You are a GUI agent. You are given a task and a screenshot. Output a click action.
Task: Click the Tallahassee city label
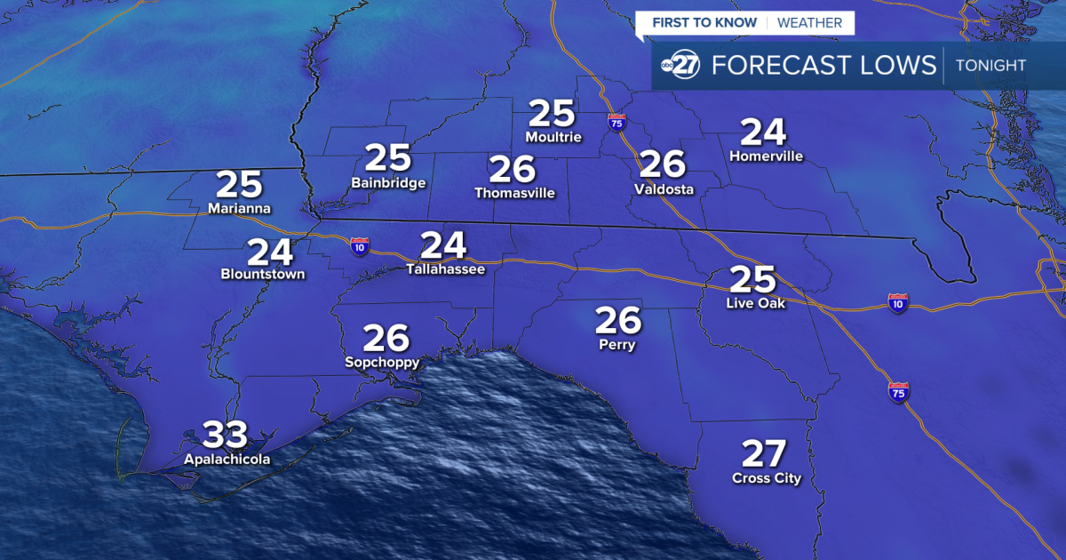[x=445, y=268]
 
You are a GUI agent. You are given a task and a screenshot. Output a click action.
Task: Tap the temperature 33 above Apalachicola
[x=227, y=436]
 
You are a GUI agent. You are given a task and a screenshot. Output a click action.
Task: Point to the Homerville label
[x=766, y=156]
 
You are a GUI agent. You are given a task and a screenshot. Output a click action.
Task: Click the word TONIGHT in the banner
[x=990, y=65]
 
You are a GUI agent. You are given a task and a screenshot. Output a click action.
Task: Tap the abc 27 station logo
[x=680, y=66]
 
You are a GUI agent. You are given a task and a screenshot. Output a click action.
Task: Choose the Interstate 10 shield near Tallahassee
[x=360, y=246]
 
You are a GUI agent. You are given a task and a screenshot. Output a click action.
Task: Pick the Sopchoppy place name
[x=382, y=363]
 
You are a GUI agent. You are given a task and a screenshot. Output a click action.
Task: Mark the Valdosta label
[x=664, y=189]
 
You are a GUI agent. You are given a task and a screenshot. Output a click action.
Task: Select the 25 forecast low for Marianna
[x=240, y=185]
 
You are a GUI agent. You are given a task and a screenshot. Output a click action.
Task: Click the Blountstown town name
[x=263, y=275]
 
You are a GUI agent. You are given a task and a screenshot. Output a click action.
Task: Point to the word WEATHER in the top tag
[x=809, y=22]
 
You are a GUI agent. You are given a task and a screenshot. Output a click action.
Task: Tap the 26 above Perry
[x=617, y=319]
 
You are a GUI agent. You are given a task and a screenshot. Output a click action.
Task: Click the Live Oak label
[x=755, y=304]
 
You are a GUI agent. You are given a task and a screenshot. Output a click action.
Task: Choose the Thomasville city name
[x=514, y=192]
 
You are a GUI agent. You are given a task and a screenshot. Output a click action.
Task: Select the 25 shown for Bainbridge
[x=388, y=158]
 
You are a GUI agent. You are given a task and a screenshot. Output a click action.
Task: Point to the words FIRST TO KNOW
[x=704, y=22]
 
